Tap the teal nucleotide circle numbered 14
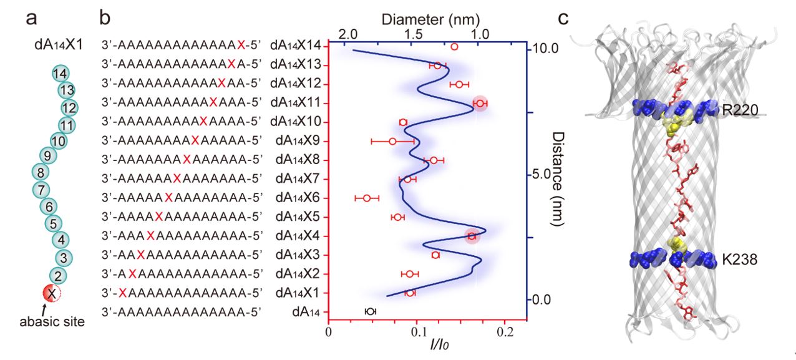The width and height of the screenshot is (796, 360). [60, 74]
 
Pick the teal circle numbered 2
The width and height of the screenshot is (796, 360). [57, 275]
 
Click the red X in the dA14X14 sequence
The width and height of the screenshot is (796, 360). [240, 46]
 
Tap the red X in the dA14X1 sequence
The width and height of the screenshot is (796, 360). [124, 293]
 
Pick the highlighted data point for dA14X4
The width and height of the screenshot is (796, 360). [472, 236]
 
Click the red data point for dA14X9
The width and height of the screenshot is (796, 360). [392, 141]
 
